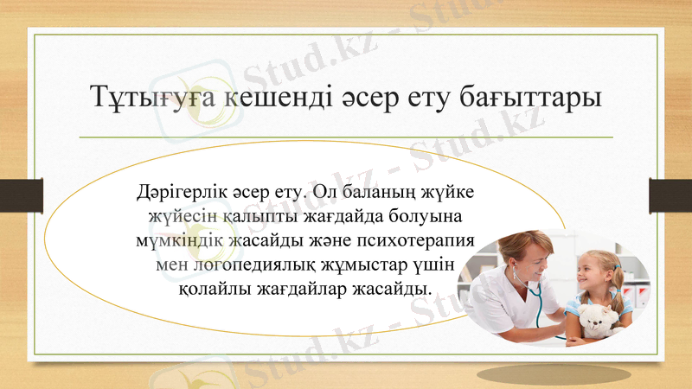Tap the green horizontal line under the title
pos(346,137)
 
